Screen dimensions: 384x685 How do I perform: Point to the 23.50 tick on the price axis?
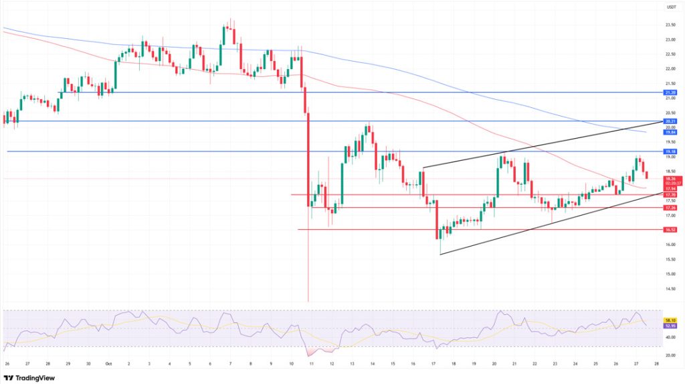(669, 25)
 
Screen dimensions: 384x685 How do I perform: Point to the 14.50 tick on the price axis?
(669, 289)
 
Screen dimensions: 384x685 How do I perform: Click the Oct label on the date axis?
(109, 364)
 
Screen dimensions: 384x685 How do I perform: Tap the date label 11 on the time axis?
(312, 364)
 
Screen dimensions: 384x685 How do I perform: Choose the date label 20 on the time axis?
(494, 364)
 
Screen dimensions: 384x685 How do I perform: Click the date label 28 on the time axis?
(656, 364)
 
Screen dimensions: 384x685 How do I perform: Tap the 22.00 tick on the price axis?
(669, 68)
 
